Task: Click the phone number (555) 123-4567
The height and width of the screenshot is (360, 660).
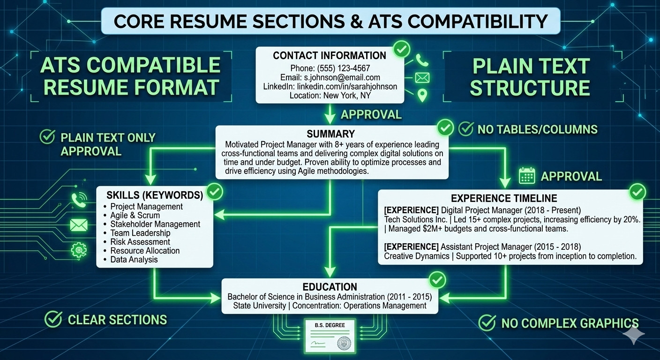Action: coord(343,68)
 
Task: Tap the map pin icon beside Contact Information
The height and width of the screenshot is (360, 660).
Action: coord(422,96)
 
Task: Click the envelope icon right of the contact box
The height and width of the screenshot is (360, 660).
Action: coord(422,78)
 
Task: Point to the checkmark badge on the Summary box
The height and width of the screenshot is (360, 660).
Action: coord(445,128)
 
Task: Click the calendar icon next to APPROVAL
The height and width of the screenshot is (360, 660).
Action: coord(527,176)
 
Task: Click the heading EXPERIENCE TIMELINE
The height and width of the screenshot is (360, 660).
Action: coord(504,198)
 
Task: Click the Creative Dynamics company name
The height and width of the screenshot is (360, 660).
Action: coord(417,256)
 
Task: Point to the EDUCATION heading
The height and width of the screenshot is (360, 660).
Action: coord(330,287)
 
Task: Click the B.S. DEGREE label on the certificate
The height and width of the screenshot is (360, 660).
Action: coord(330,325)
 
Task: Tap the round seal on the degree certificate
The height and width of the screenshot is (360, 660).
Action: coord(344,343)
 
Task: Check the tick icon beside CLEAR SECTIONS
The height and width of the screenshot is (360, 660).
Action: coord(53,319)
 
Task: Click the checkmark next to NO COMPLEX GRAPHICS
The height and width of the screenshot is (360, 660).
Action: coord(487,322)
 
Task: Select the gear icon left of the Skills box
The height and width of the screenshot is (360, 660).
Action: coord(79,250)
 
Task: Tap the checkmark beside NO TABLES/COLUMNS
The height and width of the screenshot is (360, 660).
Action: coord(466,129)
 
